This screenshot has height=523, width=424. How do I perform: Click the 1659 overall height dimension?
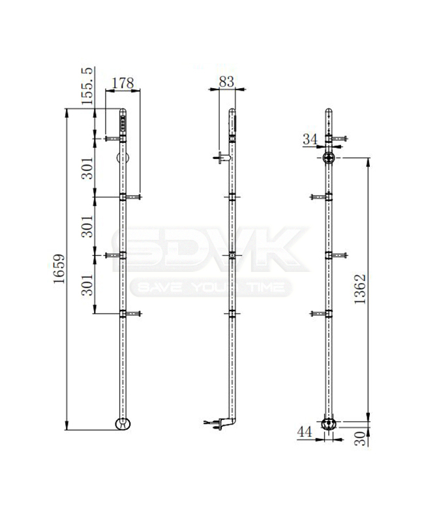point(59,269)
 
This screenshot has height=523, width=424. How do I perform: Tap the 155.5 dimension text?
point(87,86)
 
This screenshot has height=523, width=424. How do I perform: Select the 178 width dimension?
point(123,83)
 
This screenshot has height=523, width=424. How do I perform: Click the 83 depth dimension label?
point(226,82)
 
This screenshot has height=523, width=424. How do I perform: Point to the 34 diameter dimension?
point(310,139)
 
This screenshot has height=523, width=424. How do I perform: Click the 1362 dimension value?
point(360,289)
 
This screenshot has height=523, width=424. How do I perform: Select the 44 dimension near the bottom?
point(305,432)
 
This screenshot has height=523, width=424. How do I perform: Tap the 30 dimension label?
point(360,438)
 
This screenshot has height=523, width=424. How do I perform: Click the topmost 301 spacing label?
point(87,168)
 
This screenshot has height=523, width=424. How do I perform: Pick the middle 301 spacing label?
point(87,226)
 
